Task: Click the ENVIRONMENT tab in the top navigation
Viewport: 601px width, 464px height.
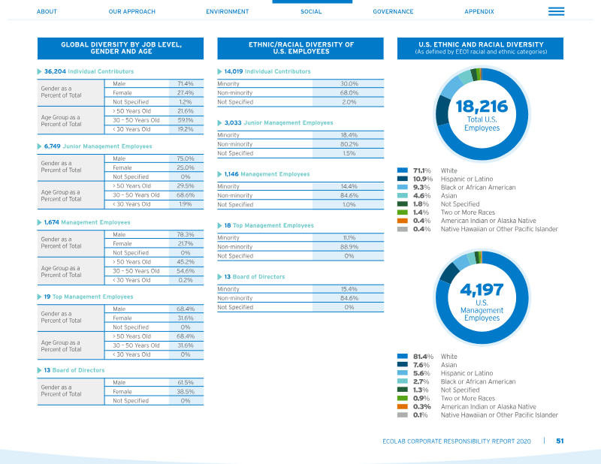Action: (x=228, y=11)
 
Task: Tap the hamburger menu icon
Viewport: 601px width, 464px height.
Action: (x=556, y=11)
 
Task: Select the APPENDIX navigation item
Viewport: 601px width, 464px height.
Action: (x=479, y=11)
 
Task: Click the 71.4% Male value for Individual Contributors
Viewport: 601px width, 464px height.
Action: (x=186, y=83)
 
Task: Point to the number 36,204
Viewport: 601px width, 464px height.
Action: (x=55, y=71)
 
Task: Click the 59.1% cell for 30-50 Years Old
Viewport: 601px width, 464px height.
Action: (x=186, y=120)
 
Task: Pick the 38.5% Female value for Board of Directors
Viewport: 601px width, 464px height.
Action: (x=186, y=392)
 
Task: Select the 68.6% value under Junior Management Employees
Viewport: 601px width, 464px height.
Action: (x=186, y=195)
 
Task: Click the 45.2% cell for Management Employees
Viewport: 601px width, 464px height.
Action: (x=186, y=262)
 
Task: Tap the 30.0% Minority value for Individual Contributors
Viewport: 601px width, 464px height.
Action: (x=349, y=83)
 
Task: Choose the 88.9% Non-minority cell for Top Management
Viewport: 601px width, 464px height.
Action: (x=349, y=247)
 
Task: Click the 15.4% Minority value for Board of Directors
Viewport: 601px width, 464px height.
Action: (x=349, y=289)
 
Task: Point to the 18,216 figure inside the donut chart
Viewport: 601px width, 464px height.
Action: (x=482, y=107)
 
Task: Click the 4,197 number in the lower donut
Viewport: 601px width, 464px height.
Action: (x=482, y=290)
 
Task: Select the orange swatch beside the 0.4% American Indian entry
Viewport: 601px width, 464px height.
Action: (x=403, y=221)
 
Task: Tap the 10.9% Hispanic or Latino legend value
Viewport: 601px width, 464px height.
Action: (x=423, y=179)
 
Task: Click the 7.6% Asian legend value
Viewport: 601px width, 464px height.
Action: (x=421, y=365)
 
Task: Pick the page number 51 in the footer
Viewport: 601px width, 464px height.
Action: (x=560, y=441)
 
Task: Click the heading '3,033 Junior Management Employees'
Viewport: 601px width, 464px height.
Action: (x=279, y=122)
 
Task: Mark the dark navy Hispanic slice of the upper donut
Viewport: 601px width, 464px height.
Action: (x=442, y=110)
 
